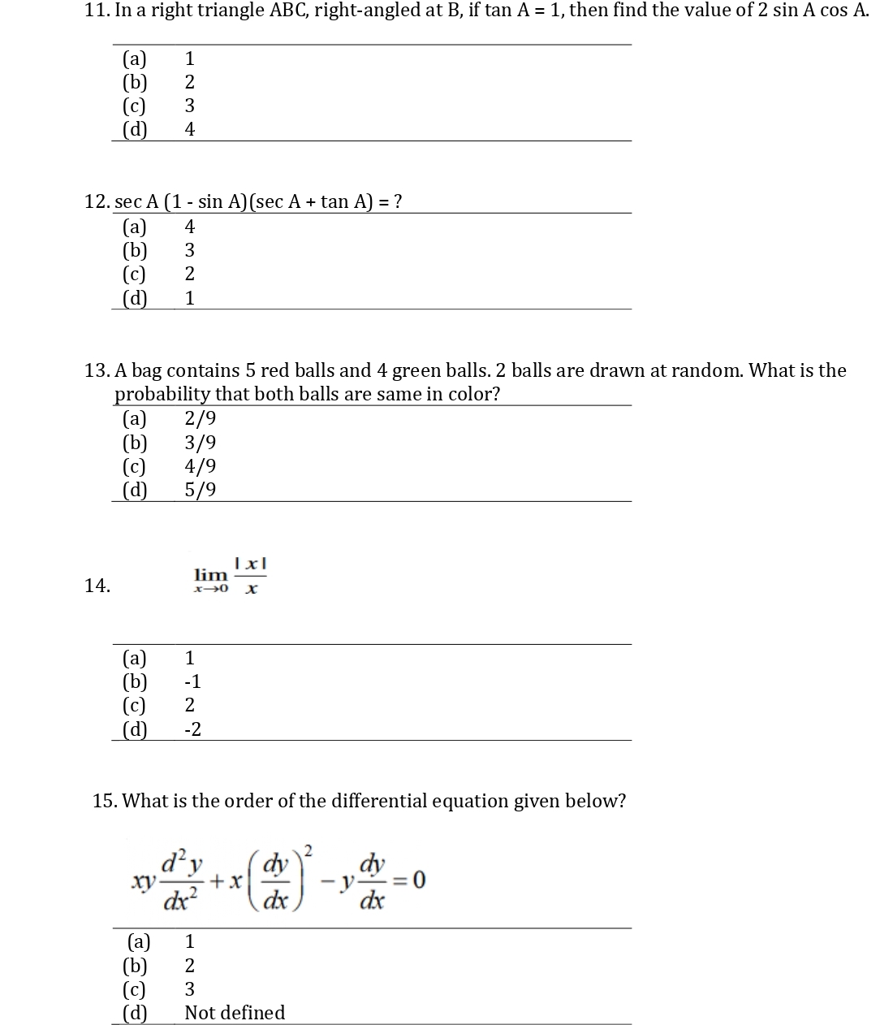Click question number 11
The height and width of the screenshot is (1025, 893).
coord(97,11)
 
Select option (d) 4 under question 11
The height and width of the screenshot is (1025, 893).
coord(189,129)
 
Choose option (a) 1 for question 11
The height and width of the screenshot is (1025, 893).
coord(189,58)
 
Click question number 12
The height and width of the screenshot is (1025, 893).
coord(97,201)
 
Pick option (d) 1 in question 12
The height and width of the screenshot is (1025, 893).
coord(189,298)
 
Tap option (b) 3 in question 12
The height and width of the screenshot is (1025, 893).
coord(189,250)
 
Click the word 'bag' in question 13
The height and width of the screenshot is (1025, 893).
coord(146,371)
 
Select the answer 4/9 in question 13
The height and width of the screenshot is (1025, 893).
coord(201,466)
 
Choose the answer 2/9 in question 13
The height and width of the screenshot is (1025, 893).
coord(201,419)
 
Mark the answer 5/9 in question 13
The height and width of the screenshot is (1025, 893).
coord(201,490)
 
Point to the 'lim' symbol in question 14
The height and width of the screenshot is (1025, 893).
coord(210,575)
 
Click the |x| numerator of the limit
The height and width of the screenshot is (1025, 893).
coord(251,563)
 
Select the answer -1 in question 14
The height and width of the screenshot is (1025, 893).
coord(192,681)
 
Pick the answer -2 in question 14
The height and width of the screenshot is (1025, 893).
coord(192,729)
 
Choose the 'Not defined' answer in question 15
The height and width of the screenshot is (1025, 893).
coord(235,1013)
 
